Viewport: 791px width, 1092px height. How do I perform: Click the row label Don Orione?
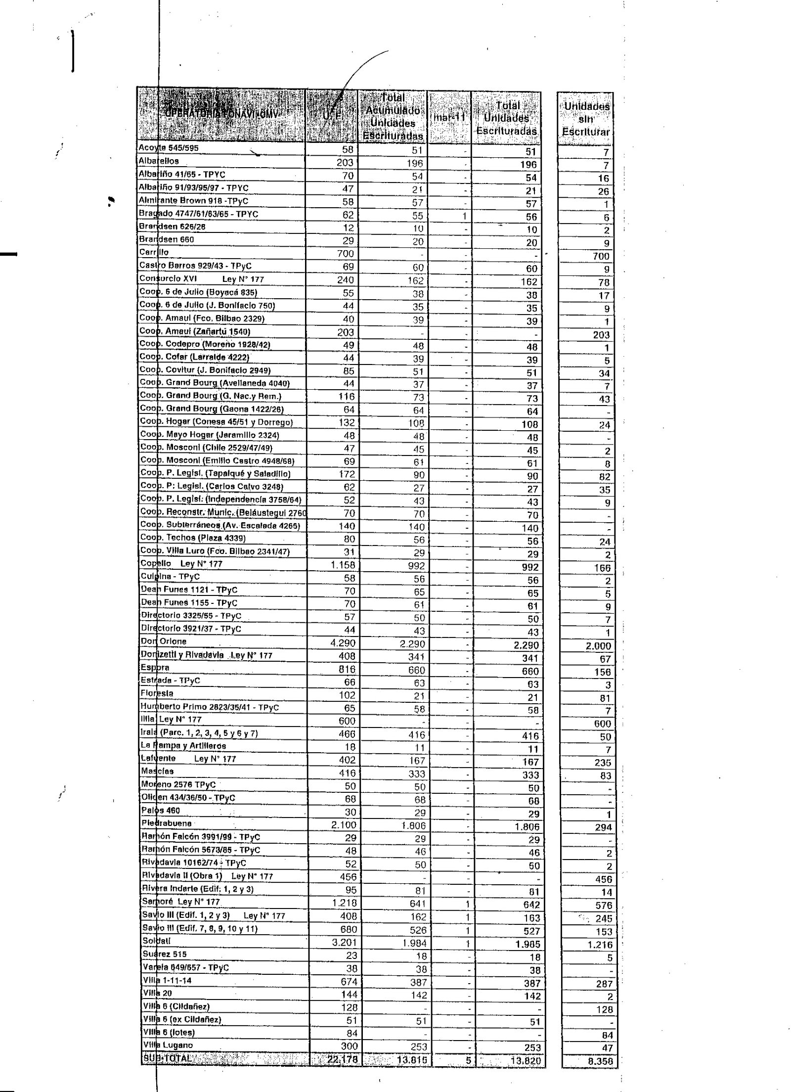(164, 641)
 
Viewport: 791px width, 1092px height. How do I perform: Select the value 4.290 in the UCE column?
(343, 643)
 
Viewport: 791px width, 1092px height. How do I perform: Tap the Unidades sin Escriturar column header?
(586, 119)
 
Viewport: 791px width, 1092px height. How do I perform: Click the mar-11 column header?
(449, 118)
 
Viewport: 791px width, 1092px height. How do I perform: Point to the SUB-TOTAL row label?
(166, 1059)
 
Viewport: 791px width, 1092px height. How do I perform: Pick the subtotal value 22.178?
(342, 1059)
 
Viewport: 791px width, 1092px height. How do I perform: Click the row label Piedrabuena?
(166, 823)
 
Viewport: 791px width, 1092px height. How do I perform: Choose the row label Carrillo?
(154, 252)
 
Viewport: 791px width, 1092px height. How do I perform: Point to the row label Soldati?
(156, 941)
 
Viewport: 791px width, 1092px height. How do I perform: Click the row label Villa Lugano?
(168, 1045)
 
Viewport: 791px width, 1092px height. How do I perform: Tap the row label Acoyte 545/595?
(169, 148)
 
